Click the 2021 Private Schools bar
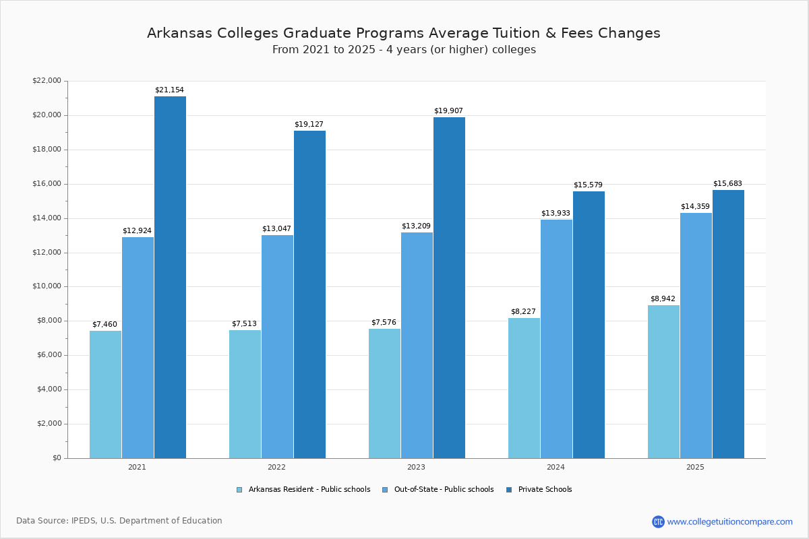pos(170,277)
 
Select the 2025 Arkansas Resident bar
pos(663,381)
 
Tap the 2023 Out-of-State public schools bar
pos(417,345)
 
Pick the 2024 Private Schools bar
pos(589,325)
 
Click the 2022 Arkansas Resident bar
pos(245,393)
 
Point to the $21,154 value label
pos(169,90)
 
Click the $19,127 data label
pos(309,125)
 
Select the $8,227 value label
pos(523,312)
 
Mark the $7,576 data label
pos(384,323)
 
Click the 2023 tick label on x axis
pos(416,467)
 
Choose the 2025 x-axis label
pos(695,467)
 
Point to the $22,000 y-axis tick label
pos(47,81)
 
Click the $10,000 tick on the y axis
pos(47,286)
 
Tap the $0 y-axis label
pos(56,458)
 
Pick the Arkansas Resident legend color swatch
pos(239,490)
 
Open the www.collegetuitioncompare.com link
pos(729,521)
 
